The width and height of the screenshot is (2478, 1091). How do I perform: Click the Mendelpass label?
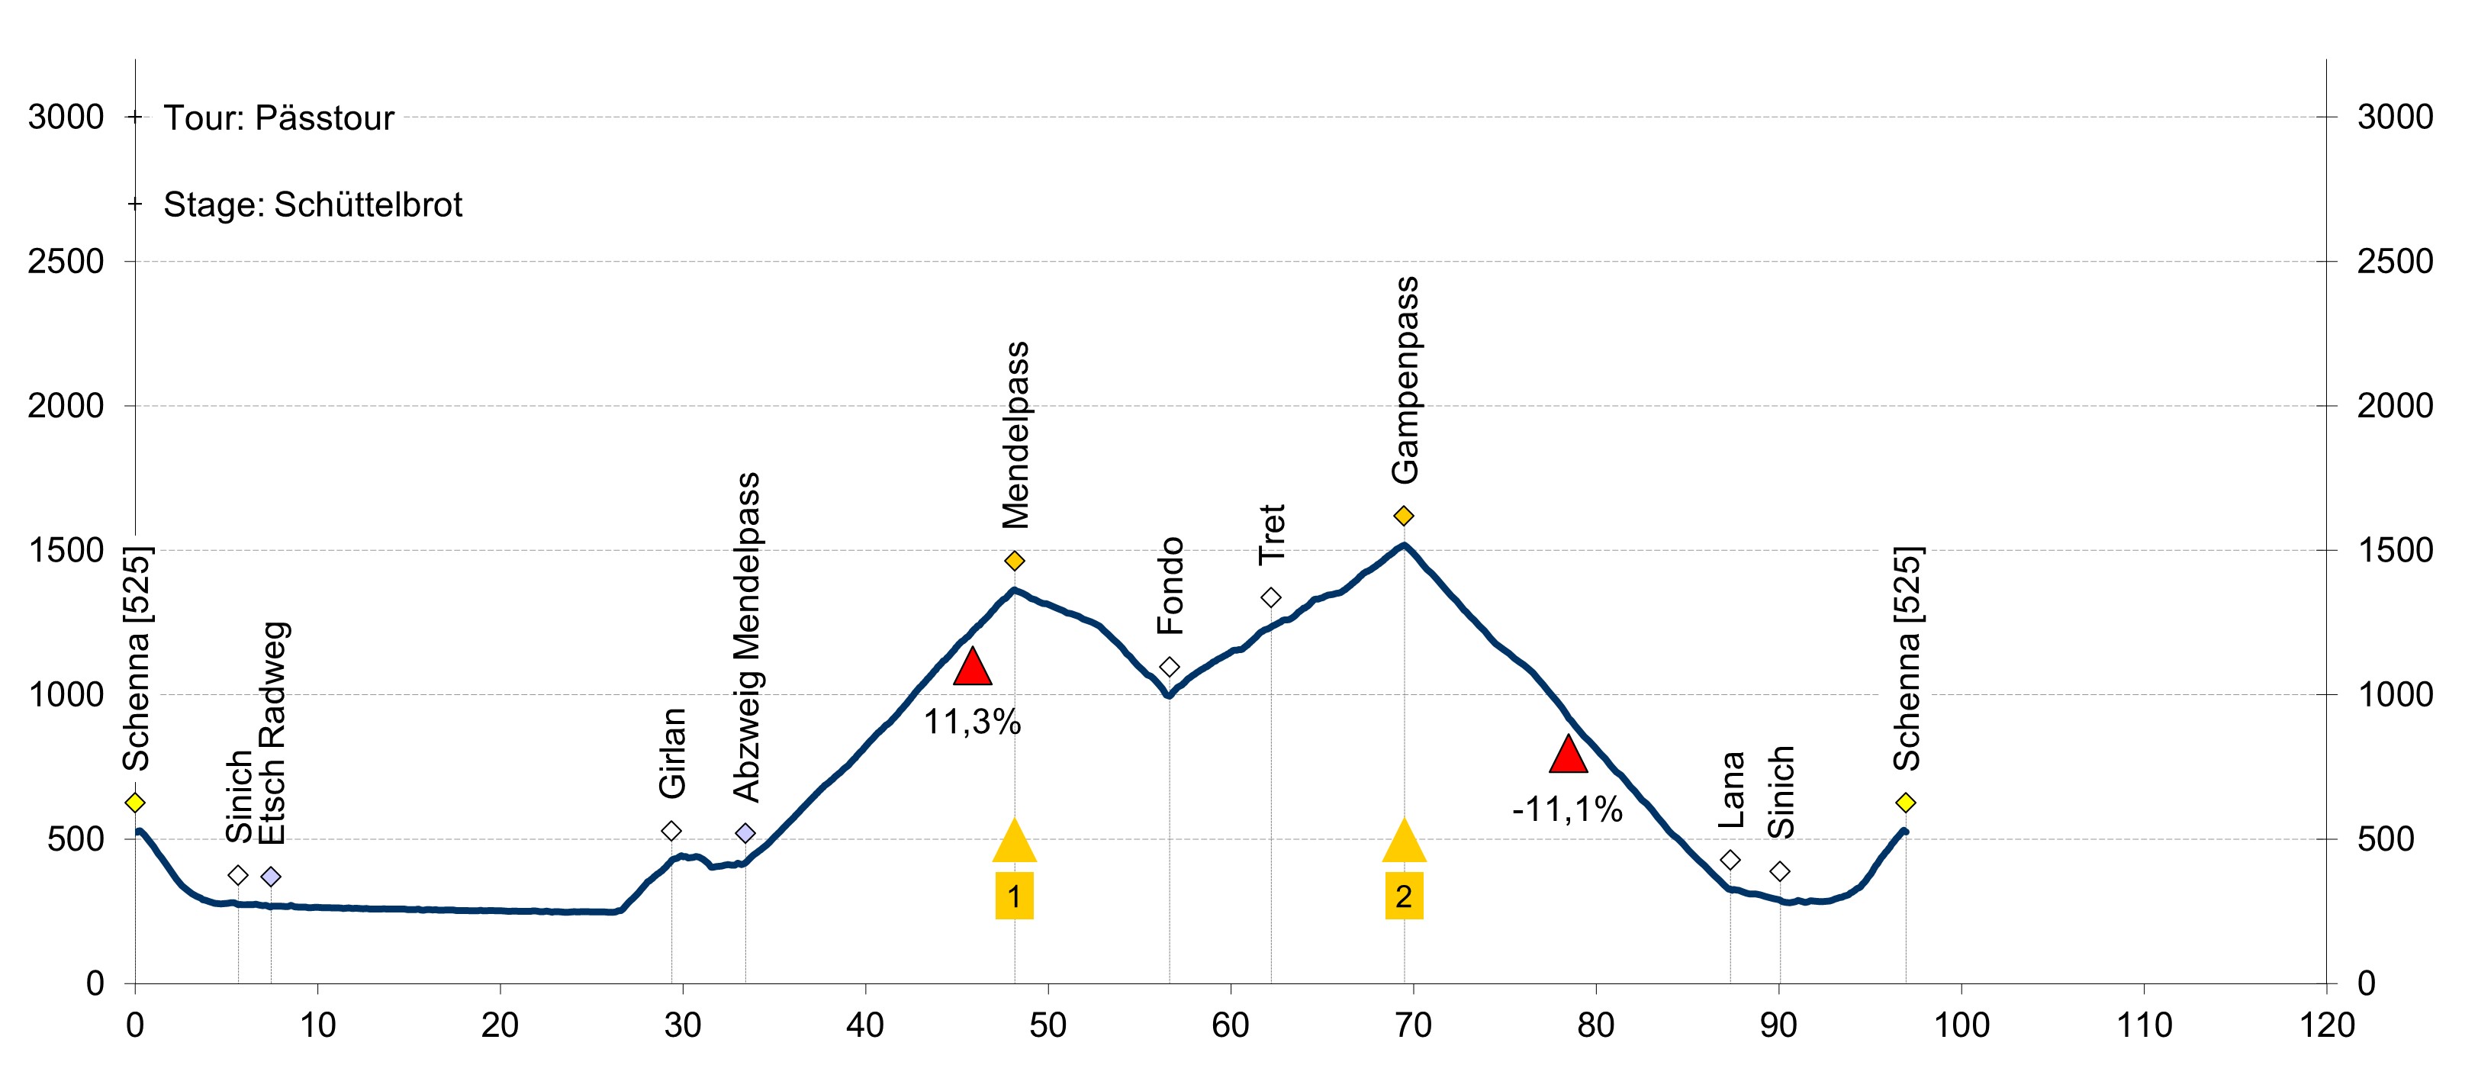1015,435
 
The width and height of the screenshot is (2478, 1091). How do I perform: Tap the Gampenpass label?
1405,380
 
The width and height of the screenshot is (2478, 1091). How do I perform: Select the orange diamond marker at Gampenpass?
1404,516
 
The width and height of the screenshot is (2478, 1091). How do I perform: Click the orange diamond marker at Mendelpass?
1014,561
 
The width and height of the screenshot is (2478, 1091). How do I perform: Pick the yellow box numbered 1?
1014,896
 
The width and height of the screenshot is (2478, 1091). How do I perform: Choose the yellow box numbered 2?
1404,896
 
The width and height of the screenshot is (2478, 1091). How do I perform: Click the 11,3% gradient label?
971,722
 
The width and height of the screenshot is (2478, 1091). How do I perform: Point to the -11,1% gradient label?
1567,809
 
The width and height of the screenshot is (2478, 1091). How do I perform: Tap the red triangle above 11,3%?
971,667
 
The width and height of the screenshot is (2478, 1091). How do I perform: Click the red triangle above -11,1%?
1568,755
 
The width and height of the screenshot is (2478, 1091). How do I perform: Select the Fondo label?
1170,586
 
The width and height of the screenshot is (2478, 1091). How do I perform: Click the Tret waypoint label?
1272,534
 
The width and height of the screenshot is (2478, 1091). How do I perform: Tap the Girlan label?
672,753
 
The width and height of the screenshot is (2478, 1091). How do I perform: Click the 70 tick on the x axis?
1413,1025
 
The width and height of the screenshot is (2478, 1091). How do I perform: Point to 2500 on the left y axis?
66,262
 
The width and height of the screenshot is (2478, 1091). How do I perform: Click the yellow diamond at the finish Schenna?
1906,803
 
